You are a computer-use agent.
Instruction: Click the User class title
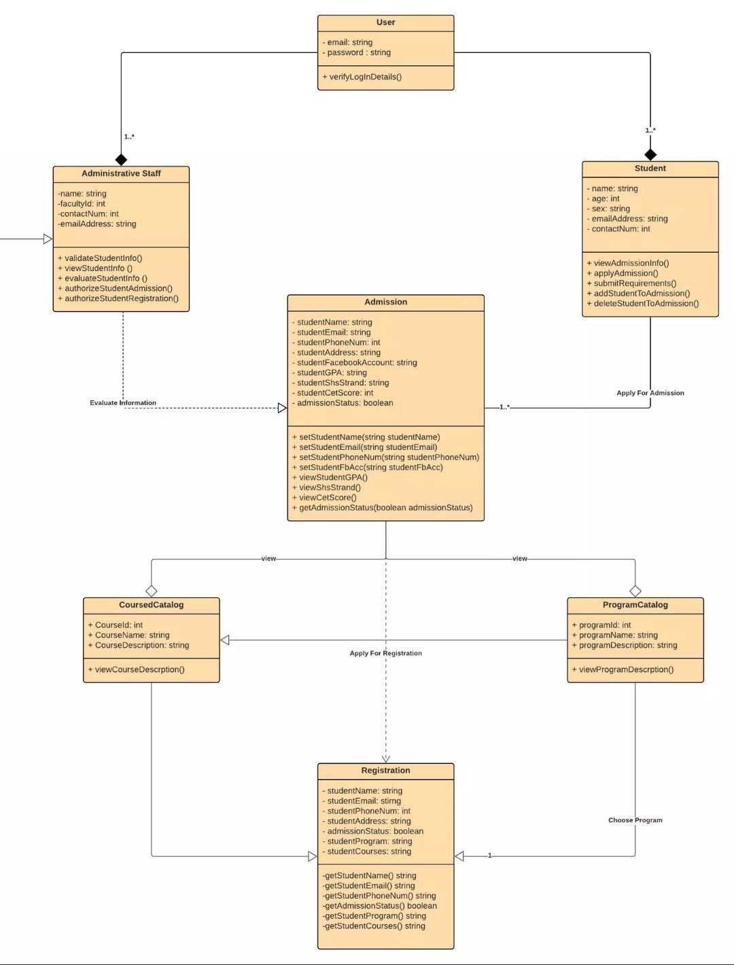coord(385,22)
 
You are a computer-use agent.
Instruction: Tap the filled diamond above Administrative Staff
coord(121,160)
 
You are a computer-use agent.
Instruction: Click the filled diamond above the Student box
coord(650,154)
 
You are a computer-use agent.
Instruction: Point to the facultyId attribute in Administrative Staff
coord(82,203)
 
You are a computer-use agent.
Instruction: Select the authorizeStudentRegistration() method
coord(118,298)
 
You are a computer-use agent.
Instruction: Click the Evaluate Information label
coord(123,403)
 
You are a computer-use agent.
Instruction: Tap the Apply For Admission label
coord(650,393)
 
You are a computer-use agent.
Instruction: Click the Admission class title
coord(385,302)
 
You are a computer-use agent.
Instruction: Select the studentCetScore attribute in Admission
coord(335,393)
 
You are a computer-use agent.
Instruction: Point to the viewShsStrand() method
coord(330,487)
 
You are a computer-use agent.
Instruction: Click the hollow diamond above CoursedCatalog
coord(152,591)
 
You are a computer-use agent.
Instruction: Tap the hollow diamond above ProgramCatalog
coord(635,591)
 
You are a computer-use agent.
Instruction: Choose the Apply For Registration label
coord(385,653)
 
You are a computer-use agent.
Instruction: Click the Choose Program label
coord(635,820)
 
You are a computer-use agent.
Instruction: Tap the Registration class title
coord(385,770)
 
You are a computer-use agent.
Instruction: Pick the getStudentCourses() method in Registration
coord(374,926)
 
